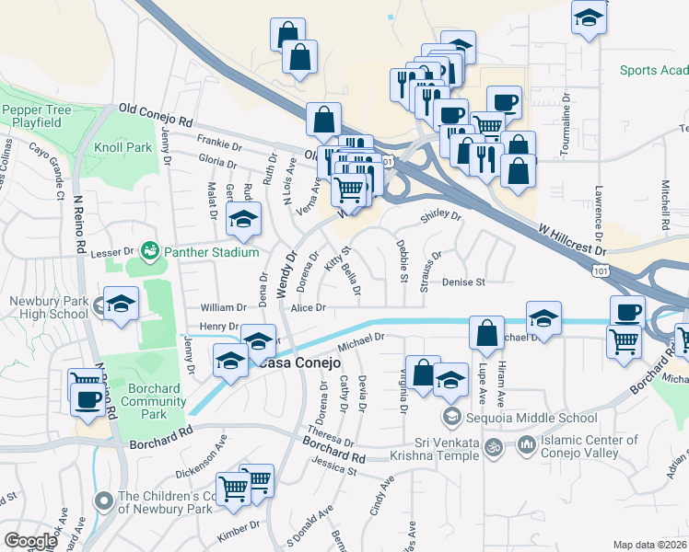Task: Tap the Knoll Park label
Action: [123, 147]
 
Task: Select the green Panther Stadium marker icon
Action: [149, 251]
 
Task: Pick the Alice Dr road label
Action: [309, 308]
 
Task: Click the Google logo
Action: [30, 540]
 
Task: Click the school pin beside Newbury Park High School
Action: [120, 305]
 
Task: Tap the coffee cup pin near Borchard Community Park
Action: [88, 400]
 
